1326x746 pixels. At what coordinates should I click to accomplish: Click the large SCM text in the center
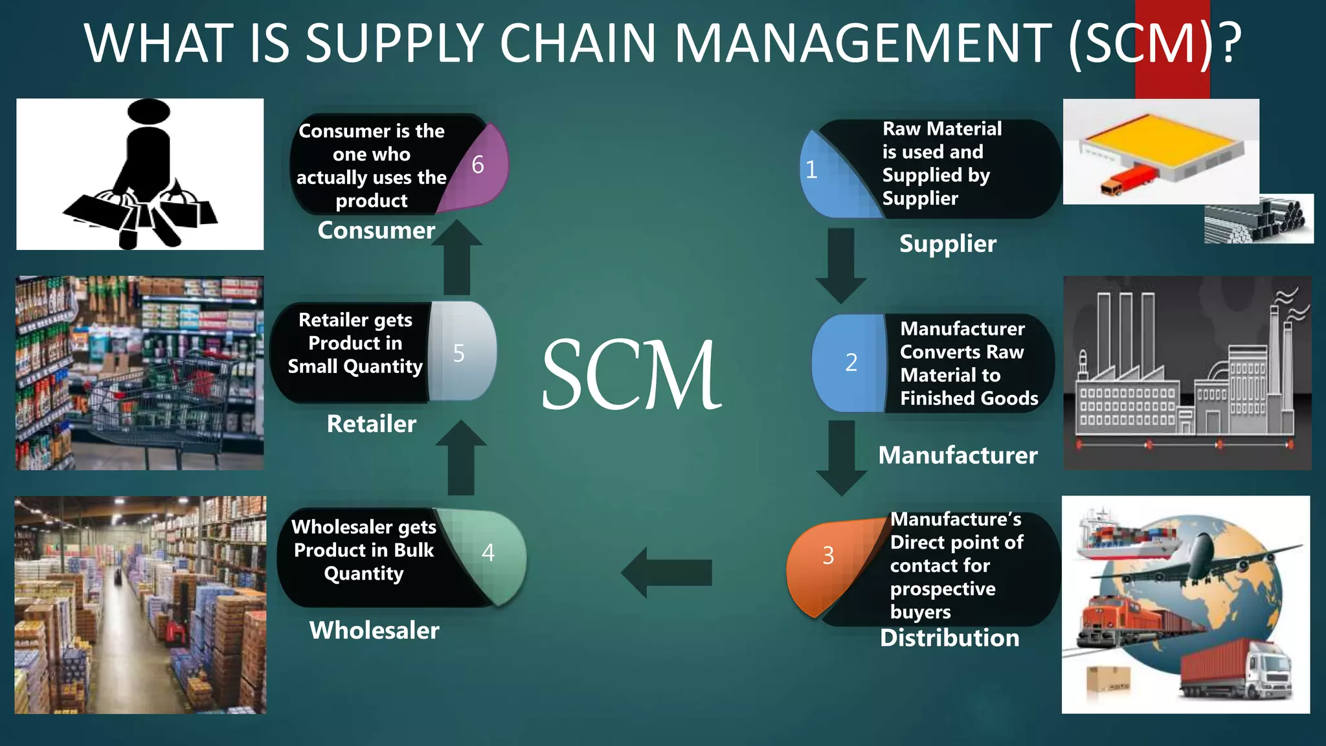coord(631,376)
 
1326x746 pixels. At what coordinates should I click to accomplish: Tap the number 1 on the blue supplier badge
coord(811,170)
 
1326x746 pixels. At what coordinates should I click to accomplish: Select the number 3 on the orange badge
coord(828,556)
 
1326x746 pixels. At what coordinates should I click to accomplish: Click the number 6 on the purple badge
coord(478,165)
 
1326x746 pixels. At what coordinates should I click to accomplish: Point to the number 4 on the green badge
coord(488,552)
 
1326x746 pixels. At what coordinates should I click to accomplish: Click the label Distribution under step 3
coord(949,638)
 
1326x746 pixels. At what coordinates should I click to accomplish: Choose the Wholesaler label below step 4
coord(374,630)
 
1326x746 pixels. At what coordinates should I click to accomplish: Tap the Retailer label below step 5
coord(371,424)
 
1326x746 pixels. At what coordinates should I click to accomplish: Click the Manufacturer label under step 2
coord(958,455)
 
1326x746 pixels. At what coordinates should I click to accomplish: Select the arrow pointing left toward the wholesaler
coord(667,572)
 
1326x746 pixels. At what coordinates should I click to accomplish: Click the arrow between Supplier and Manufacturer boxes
coord(841,266)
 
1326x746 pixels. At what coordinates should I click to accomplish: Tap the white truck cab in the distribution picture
coord(1269,673)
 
